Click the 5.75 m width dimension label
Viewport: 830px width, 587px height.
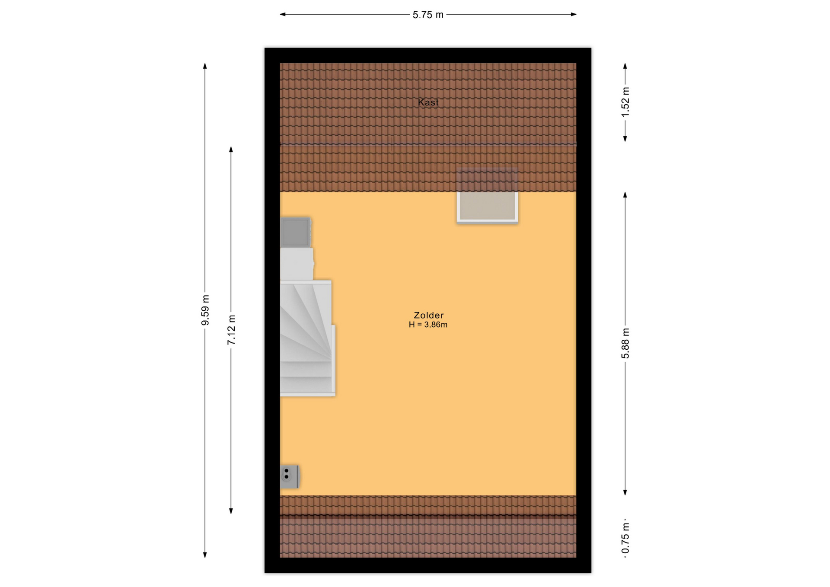point(428,15)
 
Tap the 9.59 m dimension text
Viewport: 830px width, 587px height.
point(205,310)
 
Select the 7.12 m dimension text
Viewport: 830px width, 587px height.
point(231,330)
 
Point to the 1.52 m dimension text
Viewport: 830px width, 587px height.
point(625,102)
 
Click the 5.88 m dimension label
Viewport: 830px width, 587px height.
point(625,343)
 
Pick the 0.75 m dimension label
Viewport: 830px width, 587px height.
point(625,538)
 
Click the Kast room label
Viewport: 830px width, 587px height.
point(428,102)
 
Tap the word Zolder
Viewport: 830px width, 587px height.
point(428,315)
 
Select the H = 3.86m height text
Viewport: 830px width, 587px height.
point(428,325)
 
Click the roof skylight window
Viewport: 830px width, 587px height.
point(487,196)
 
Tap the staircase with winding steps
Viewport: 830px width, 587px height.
point(307,338)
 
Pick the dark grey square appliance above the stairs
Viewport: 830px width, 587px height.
point(296,232)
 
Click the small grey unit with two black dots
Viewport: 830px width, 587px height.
point(289,476)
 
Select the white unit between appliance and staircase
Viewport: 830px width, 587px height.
point(297,264)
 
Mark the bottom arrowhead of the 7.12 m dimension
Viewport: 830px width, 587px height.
point(231,511)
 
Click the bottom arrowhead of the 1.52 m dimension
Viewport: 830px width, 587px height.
point(625,139)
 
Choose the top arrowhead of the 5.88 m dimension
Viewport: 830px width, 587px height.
point(625,195)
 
